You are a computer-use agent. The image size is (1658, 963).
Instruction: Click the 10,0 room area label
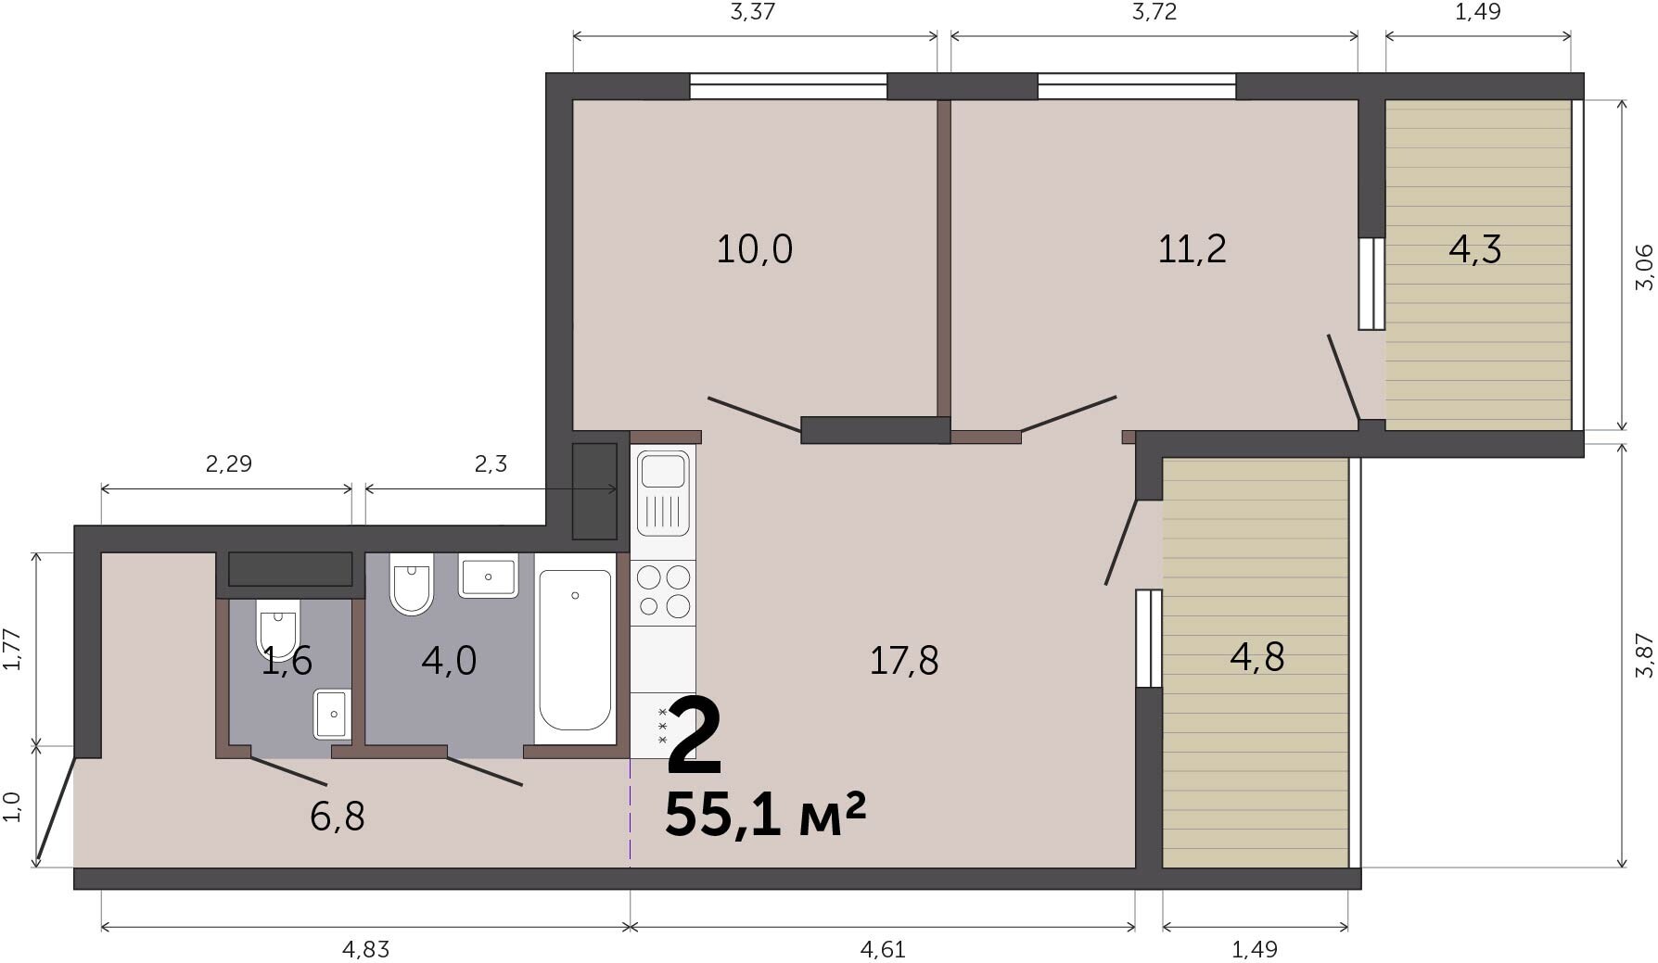pos(754,249)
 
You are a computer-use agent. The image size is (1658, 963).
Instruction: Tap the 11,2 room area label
pos(1192,249)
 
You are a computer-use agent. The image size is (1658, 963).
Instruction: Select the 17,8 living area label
pos(903,661)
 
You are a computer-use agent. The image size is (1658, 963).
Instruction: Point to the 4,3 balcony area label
pos(1474,249)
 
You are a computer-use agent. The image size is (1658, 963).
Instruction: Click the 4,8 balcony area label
pos(1256,657)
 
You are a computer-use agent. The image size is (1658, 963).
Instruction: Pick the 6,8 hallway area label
pos(337,817)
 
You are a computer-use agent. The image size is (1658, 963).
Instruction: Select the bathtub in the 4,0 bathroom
pos(575,650)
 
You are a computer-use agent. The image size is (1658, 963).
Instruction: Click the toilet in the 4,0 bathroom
pos(412,583)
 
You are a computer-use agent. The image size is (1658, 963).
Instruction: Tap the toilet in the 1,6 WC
pos(278,628)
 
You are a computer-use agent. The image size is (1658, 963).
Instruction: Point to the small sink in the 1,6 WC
pos(332,714)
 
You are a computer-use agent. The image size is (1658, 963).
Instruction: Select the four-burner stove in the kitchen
pos(663,592)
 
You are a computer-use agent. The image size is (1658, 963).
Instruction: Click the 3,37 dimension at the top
pos(753,12)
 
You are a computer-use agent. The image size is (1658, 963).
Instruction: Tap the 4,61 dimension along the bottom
pos(883,949)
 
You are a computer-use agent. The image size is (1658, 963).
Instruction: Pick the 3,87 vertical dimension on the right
pos(1644,655)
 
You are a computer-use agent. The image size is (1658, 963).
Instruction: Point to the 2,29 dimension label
pos(228,463)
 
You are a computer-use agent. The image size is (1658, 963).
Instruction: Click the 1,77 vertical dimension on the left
pos(11,649)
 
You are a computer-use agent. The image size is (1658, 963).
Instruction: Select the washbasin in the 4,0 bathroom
pos(488,577)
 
